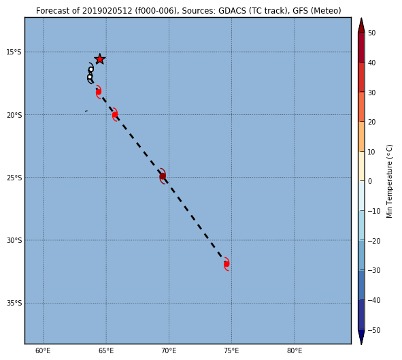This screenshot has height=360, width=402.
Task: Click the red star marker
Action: click(99, 59)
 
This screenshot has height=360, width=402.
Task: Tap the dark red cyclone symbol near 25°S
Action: click(163, 176)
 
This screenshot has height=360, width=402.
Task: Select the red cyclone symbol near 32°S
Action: click(227, 264)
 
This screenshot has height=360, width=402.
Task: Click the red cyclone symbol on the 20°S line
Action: click(115, 114)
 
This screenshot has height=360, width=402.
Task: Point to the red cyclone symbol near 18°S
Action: click(99, 92)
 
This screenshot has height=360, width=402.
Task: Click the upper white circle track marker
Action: click(90, 69)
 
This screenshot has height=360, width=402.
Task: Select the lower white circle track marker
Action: click(90, 77)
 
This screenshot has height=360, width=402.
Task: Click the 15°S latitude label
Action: click(14, 52)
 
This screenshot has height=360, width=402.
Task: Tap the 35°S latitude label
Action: click(14, 304)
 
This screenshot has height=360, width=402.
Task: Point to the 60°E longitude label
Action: click(43, 350)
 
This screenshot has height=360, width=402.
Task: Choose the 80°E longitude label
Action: click(295, 350)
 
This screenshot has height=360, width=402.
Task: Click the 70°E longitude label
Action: click(169, 350)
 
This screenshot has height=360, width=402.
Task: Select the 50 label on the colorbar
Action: click(371, 33)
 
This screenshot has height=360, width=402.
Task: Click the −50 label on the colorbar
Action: click(374, 330)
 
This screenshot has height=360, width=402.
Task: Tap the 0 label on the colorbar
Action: click(370, 181)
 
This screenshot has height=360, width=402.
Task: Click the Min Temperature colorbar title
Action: click(390, 181)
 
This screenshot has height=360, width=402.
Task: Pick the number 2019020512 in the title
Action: click(107, 11)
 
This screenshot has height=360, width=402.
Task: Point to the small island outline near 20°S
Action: click(86, 111)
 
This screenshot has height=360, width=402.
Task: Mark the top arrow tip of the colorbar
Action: click(361, 18)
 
